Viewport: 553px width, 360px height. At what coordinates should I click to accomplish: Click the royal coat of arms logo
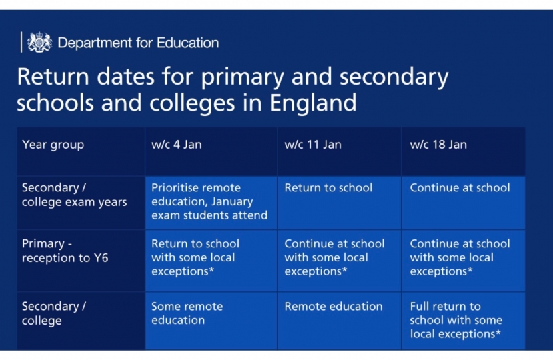(39, 43)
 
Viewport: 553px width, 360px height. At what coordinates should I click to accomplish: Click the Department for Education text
(138, 43)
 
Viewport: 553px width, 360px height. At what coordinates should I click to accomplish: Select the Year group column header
(53, 145)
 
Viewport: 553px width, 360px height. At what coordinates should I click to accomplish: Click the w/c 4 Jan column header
(176, 145)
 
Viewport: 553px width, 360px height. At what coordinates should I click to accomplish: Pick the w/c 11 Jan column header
(313, 145)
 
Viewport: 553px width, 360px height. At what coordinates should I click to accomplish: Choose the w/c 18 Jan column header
(438, 145)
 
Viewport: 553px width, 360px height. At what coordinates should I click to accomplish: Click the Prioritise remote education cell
(209, 201)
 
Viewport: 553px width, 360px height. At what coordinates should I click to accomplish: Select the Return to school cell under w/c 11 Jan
(328, 188)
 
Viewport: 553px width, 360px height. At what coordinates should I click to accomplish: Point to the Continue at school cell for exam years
(460, 188)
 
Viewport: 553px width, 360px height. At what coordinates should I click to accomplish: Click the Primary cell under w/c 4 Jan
(195, 257)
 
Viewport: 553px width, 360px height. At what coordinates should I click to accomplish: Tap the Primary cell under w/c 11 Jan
(334, 257)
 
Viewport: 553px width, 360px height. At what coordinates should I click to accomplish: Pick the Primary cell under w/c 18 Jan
(460, 257)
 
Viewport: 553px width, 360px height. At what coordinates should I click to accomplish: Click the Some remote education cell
(187, 313)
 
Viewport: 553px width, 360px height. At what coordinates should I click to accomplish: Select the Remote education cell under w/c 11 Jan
(334, 307)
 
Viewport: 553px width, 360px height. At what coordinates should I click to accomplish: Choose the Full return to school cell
(456, 320)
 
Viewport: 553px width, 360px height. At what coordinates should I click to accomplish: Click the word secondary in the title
(394, 77)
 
